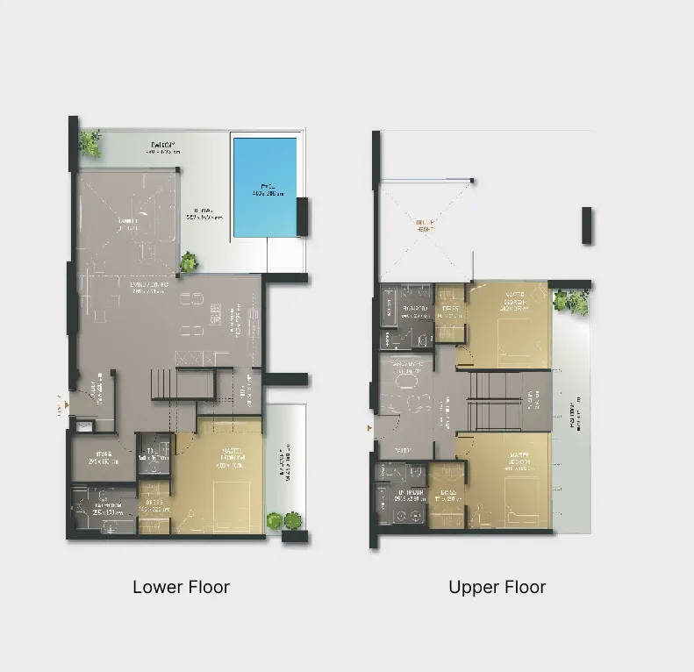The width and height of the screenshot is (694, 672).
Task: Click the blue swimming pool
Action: pos(265,189)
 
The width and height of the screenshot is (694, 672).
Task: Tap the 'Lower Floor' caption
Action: pos(181,587)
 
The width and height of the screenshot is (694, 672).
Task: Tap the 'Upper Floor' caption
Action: pos(497,587)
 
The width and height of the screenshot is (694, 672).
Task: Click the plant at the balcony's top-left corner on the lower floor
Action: pos(89,141)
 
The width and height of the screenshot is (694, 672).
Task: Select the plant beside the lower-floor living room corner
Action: pos(189,262)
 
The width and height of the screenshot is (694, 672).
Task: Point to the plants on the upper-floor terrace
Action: pos(572,303)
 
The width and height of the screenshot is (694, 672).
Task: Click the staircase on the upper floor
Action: pos(496,401)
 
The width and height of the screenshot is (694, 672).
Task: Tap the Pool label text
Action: pos(264,187)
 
